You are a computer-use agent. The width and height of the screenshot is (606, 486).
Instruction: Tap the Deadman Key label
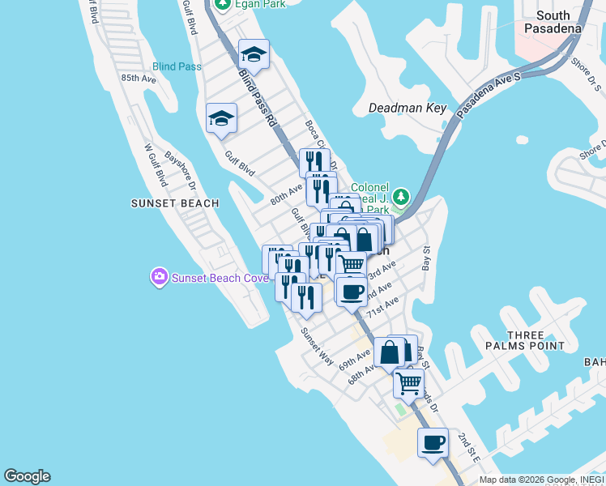coord(408,108)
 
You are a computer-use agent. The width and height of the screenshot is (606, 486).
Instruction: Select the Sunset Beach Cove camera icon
coord(159,278)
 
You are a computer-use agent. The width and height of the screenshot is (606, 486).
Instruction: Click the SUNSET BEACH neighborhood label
coord(174,203)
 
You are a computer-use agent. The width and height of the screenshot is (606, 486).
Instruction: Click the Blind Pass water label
coord(177,66)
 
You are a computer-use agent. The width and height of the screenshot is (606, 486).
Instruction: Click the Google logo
coord(27,476)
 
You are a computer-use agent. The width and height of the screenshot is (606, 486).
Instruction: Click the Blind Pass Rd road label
coord(258,96)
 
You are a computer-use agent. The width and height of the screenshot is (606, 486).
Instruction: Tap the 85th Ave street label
coord(138,79)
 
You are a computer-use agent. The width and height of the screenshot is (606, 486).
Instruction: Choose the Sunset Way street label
coord(317,344)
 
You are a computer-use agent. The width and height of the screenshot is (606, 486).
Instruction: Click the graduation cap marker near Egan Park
coord(254,55)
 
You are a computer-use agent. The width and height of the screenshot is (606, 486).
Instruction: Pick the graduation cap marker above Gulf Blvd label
coord(221,119)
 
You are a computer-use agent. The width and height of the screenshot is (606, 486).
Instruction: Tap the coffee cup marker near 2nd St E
coord(433,442)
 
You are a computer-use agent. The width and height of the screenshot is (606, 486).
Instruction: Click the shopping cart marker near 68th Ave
coord(409,382)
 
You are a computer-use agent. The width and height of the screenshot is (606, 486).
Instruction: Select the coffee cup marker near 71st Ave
coord(351,292)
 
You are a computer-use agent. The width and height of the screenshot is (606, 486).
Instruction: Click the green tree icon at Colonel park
coord(399,197)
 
